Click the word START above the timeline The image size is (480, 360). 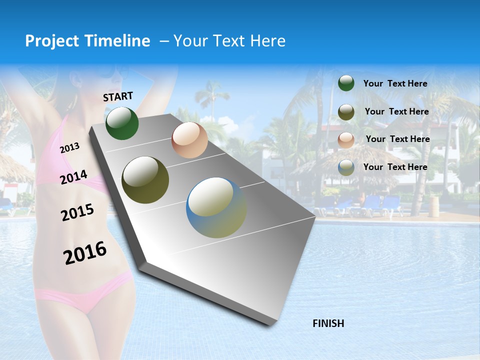pos(118,96)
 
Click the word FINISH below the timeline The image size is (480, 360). pos(328,323)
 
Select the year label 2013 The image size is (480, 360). pos(69,147)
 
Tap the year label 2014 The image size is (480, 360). pos(73,177)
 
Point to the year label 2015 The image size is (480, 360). pos(77,212)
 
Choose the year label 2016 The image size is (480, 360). pos(85,253)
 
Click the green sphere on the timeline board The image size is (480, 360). pos(122,123)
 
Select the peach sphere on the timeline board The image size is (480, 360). pos(189,140)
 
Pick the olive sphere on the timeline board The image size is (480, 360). pos(145,180)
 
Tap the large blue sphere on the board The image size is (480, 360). pos(216,207)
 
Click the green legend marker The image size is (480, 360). pos(346,83)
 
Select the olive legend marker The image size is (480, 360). pos(346,112)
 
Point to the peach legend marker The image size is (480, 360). pos(346,139)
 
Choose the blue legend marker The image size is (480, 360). pos(346,167)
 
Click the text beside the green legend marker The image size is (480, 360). pos(395,83)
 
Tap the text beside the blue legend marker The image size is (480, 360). pos(395,167)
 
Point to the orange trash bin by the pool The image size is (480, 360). pos(434,205)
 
